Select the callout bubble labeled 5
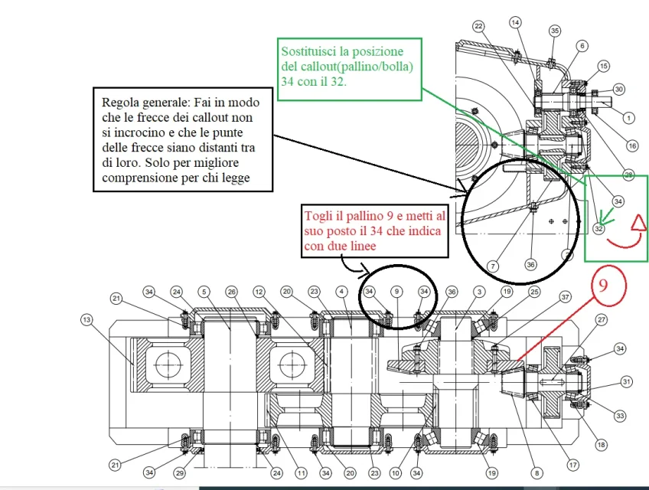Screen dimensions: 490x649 [x=204, y=292]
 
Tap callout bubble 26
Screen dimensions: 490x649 [x=232, y=292]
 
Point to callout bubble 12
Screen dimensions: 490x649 [x=259, y=292]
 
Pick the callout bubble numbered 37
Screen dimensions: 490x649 [x=566, y=297]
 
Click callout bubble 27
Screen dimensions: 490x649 [x=602, y=320]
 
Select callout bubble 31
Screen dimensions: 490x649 [x=627, y=381]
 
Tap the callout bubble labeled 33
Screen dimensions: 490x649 [x=619, y=416]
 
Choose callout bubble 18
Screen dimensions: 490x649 [x=602, y=445]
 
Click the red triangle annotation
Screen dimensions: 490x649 [x=636, y=224]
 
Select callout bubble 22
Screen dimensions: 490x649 [x=479, y=26]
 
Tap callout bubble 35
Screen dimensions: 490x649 [x=555, y=31]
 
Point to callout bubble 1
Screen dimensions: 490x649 [x=628, y=118]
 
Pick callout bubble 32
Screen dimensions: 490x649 [x=598, y=227]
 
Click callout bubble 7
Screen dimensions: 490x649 [x=493, y=266]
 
